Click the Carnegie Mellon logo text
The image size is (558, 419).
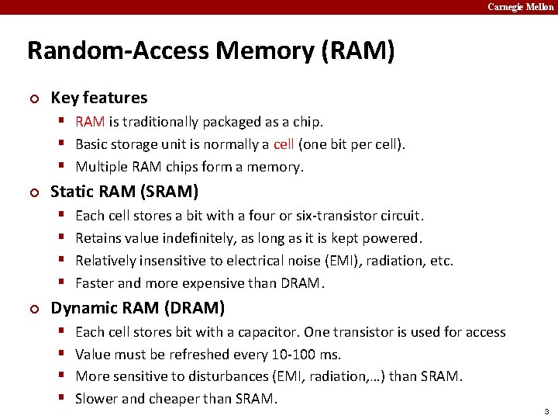pos(521,7)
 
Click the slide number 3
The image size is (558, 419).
pos(546,410)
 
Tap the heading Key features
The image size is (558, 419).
pos(98,98)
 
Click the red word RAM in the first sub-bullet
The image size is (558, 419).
pos(91,122)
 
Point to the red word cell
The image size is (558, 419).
pos(284,144)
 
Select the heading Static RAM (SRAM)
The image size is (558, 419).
pos(124,191)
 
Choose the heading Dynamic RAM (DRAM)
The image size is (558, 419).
pos(137,308)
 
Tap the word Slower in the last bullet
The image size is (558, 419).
pos(96,400)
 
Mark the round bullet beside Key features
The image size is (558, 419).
pos(33,99)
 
